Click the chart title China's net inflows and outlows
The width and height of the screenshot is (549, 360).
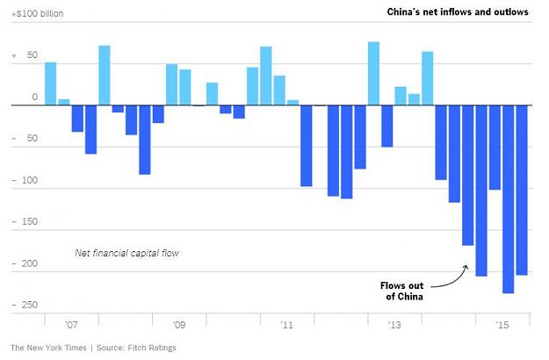pos(458,12)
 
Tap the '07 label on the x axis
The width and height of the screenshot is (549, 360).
pos(71,325)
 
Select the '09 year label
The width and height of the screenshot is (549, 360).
pos(179,325)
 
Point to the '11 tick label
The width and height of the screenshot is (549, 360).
pos(286,325)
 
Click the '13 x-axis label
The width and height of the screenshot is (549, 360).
pos(394,325)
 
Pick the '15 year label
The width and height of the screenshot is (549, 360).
pos(502,325)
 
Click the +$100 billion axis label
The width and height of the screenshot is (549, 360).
pos(38,14)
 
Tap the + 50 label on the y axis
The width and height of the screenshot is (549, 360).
pos(25,55)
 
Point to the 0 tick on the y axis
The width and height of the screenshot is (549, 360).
pos(34,97)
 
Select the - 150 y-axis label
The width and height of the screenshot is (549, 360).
pos(25,221)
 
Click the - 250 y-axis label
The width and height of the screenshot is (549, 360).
pos(25,305)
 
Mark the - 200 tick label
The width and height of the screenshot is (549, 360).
pos(25,263)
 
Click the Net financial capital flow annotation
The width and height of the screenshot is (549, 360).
pos(126,253)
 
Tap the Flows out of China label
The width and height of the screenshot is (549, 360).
pos(402,292)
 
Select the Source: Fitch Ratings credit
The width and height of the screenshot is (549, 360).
pos(136,348)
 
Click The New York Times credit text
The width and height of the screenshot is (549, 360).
pos(48,348)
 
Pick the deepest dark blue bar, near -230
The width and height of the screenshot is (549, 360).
pos(509,199)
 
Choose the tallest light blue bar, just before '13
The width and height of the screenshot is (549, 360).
pos(373,74)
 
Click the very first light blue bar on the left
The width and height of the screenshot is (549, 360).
pos(50,83)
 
